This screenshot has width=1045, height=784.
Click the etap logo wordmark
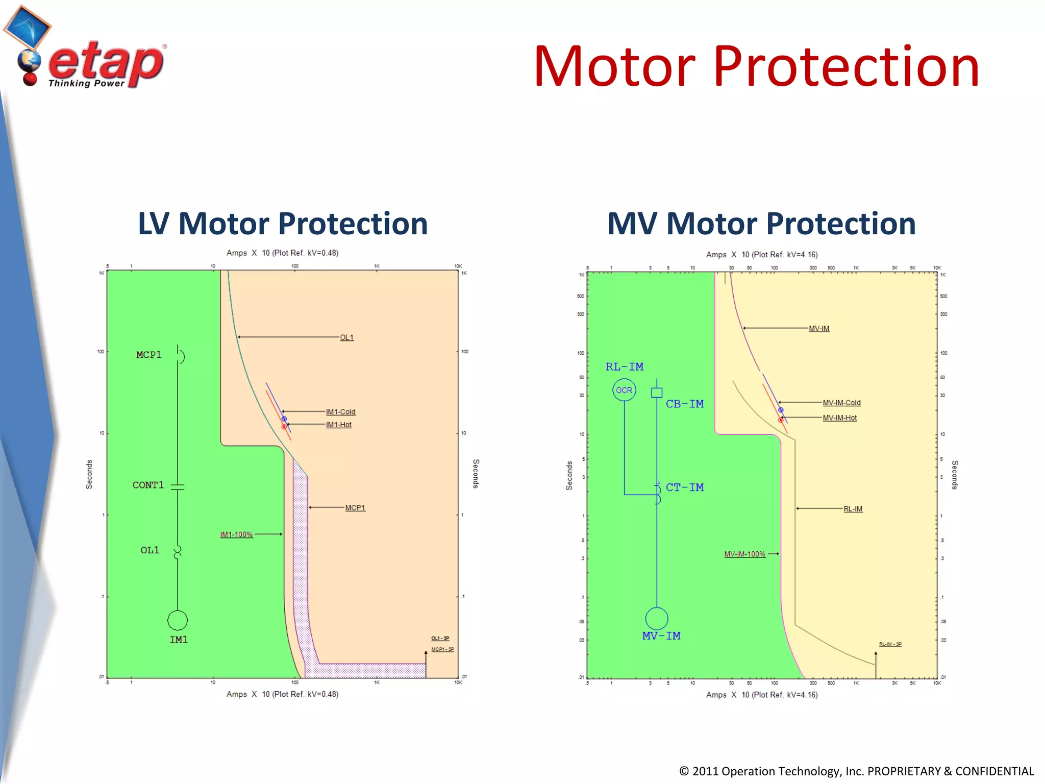click(106, 64)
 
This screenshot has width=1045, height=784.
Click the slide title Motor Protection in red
click(756, 66)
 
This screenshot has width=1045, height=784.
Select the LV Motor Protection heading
click(283, 224)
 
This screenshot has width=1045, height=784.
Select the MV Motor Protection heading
click(761, 224)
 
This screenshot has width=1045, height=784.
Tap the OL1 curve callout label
click(346, 337)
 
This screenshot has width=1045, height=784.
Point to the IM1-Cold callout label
click(340, 412)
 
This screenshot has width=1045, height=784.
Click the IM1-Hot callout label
click(339, 425)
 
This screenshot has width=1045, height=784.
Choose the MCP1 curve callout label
click(355, 508)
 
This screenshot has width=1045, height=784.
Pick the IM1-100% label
click(236, 534)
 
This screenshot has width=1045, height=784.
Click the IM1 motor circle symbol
click(178, 620)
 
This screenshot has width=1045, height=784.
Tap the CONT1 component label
click(148, 485)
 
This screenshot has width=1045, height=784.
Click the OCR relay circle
click(624, 390)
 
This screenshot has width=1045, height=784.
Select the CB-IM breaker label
click(684, 404)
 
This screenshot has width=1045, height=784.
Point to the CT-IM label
click(684, 487)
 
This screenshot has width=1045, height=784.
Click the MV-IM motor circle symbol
click(657, 619)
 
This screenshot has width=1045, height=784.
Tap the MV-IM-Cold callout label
click(841, 403)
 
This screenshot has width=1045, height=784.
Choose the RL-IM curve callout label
click(853, 509)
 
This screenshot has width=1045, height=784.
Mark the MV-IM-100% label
click(744, 554)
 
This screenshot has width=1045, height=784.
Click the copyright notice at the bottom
click(856, 771)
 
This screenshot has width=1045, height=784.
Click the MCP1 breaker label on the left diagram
click(148, 355)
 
